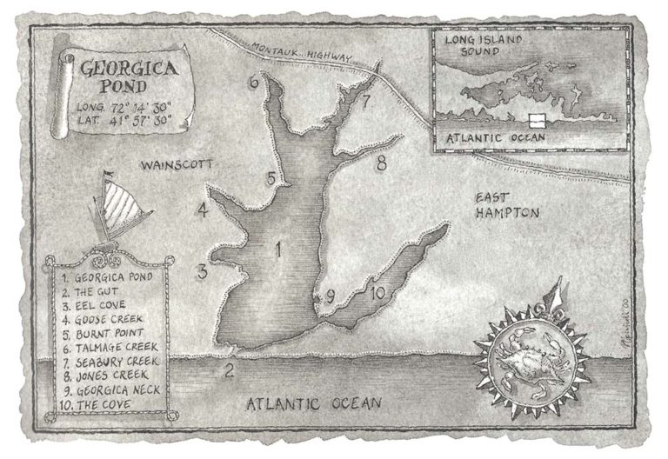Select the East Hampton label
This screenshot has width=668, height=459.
click(507, 205)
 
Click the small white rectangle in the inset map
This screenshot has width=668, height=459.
click(537, 119)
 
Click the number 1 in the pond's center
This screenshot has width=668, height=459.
click(278, 251)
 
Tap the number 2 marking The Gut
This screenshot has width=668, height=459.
click(230, 372)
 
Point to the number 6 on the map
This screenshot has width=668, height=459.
click(253, 83)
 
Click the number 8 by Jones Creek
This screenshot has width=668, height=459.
click(380, 162)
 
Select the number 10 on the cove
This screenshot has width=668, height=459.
click(376, 293)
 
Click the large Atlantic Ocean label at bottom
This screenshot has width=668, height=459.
click(314, 403)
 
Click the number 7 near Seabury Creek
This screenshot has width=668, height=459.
click(366, 102)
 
